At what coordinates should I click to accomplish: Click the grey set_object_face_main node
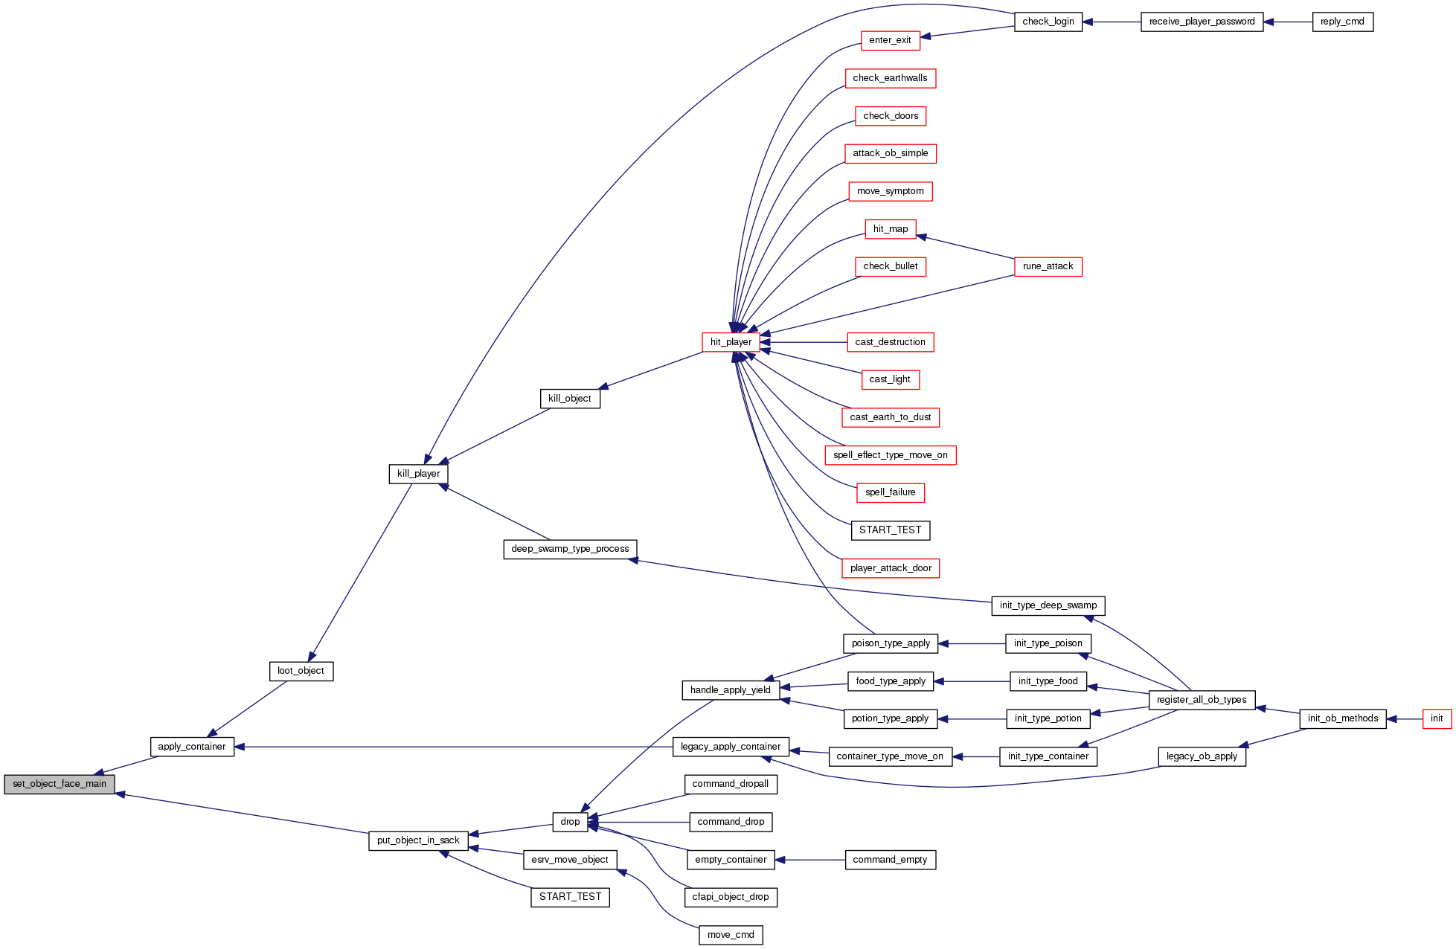pos(60,784)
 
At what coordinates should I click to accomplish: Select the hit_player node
pos(731,342)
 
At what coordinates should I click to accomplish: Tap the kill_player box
pos(418,474)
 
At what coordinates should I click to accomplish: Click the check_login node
pos(1048,22)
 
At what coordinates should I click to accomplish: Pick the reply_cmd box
pos(1342,22)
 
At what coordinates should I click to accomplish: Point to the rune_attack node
pos(1048,266)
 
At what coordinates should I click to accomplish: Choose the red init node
pos(1436,718)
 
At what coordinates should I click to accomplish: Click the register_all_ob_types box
pos(1202,700)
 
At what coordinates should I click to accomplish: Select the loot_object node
pos(301,671)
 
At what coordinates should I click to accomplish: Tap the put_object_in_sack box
pos(418,840)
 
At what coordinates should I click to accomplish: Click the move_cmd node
pos(731,935)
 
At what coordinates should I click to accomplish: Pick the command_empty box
pos(890,860)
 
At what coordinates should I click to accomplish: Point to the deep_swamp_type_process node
pos(570,549)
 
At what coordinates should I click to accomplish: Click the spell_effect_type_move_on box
pos(890,455)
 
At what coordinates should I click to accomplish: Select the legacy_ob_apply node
pos(1202,756)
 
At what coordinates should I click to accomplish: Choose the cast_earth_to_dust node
pos(890,417)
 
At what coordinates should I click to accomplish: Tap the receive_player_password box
pos(1202,22)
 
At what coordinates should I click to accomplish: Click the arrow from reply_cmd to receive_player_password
pos(1288,22)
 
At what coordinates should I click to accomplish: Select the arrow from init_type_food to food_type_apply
pos(972,681)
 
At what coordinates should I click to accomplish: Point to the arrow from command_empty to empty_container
pos(810,860)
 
